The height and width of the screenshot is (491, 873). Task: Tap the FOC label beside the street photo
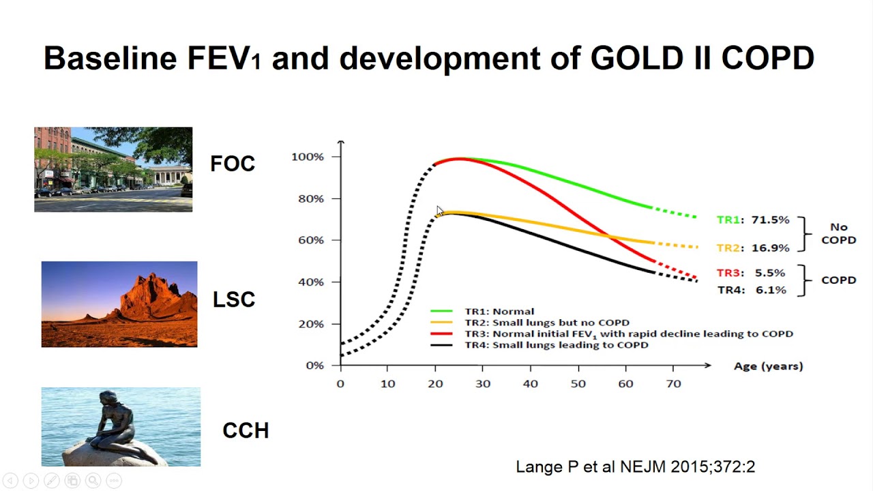(233, 163)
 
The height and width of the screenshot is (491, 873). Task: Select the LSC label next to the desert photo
(234, 299)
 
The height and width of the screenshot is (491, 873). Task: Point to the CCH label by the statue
(246, 430)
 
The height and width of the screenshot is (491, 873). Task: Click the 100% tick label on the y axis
(308, 157)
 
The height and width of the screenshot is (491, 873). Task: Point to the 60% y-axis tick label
(311, 240)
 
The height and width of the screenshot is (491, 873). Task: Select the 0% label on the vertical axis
(315, 366)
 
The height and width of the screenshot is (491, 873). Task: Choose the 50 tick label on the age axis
(578, 384)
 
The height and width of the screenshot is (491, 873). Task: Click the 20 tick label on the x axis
(435, 384)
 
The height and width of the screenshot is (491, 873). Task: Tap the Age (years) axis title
(769, 366)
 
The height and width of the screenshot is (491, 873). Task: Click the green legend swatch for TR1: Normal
(441, 311)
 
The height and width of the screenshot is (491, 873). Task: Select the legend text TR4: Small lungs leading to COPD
(557, 345)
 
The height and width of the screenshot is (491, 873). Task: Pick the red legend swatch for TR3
(441, 333)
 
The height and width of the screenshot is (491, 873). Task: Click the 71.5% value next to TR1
(771, 220)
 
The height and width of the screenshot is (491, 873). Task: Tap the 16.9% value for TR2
(771, 248)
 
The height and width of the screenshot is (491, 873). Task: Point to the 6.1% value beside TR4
(771, 290)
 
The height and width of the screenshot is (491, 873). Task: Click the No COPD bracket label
(839, 233)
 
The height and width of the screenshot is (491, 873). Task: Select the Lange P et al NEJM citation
(635, 466)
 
